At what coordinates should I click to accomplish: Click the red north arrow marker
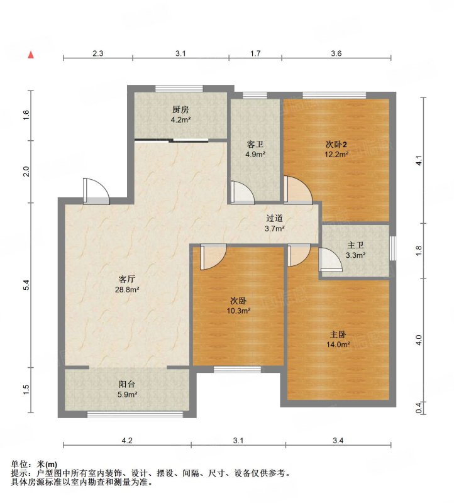(x=31, y=55)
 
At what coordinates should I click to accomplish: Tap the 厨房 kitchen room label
(x=180, y=109)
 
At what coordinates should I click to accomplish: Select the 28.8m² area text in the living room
(x=127, y=290)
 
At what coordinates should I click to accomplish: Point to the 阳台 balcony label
(x=127, y=384)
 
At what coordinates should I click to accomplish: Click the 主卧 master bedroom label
(x=338, y=334)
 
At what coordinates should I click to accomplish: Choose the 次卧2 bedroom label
(x=336, y=145)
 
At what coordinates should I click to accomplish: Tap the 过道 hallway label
(x=275, y=218)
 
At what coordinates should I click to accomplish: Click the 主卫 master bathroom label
(x=355, y=245)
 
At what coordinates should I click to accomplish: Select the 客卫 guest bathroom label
(x=255, y=145)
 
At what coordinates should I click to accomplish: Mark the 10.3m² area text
(x=238, y=311)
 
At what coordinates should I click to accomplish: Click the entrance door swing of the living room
(x=96, y=191)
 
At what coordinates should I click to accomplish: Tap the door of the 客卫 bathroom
(x=243, y=192)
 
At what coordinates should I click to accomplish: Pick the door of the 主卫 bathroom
(x=331, y=259)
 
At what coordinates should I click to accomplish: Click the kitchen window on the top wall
(x=179, y=89)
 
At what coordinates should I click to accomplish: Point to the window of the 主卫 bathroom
(x=393, y=248)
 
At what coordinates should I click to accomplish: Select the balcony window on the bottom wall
(x=135, y=414)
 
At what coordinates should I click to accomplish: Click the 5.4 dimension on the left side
(x=27, y=285)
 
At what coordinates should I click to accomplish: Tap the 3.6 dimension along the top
(x=336, y=53)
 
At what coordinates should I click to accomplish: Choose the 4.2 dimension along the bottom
(x=127, y=441)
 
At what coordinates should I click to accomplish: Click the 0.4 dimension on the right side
(x=419, y=408)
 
